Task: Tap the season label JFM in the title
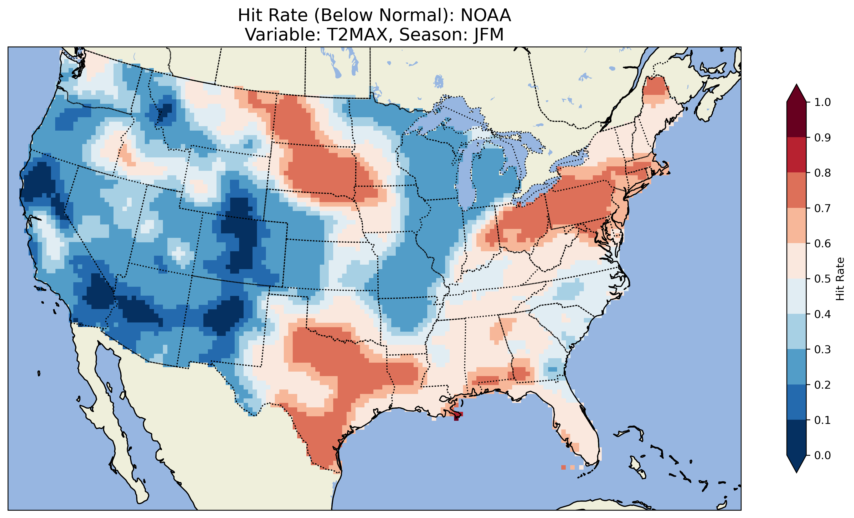coord(489,35)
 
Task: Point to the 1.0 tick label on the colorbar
coord(822,102)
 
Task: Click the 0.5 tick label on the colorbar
coord(822,279)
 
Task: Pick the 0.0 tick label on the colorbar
coord(822,455)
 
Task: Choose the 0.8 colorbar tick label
coord(822,173)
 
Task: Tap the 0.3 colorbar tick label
coord(822,350)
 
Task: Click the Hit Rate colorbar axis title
coord(840,279)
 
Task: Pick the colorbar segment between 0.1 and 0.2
coord(796,402)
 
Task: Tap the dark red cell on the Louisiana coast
coord(456,418)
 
